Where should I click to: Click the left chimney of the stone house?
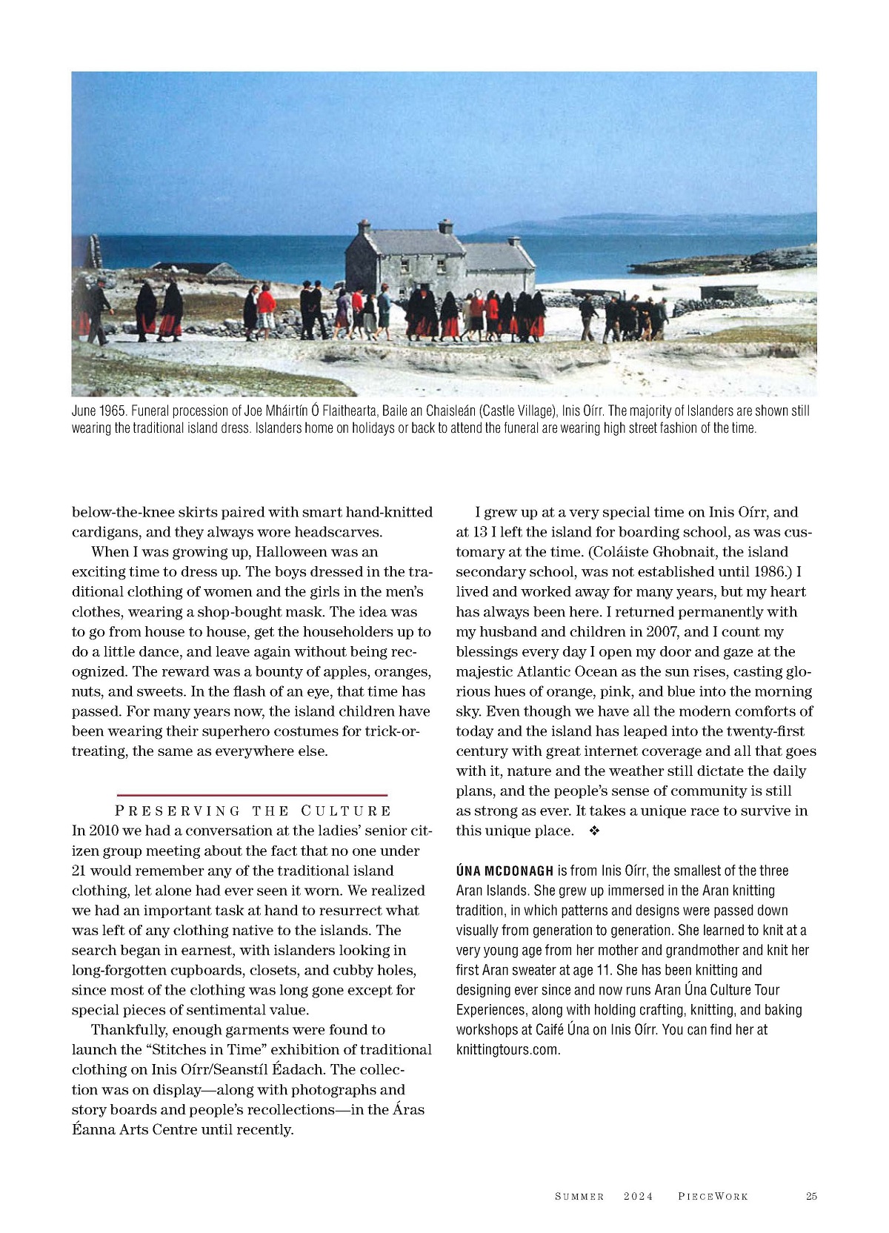tap(364, 227)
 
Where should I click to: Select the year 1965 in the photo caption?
tap(112, 411)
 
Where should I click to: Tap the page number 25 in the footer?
tap(811, 1196)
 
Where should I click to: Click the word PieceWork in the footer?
tap(713, 1196)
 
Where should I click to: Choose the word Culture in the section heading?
tap(346, 811)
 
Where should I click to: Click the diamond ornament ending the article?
tap(593, 831)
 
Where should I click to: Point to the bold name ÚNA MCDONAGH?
tap(505, 871)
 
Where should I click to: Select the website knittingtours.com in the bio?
tap(507, 1050)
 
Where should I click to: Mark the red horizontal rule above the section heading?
tap(252, 794)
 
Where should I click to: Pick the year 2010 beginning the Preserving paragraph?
tap(106, 831)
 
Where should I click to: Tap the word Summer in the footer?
tap(579, 1196)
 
